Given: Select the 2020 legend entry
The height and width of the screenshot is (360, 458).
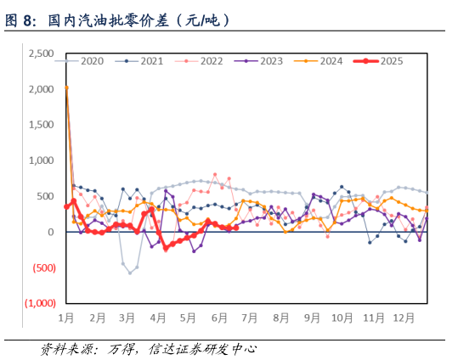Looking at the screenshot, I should coord(92,61).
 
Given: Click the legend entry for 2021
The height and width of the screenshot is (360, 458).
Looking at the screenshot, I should coord(151,61).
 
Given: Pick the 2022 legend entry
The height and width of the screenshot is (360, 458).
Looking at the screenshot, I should coord(211,61).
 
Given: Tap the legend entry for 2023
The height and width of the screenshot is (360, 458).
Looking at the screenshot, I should coord(270,61).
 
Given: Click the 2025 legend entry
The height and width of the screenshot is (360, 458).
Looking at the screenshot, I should coord(391,61).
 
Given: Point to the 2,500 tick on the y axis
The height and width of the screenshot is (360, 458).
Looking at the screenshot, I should coord(41,53).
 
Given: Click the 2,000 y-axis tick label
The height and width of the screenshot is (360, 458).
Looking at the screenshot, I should coord(41,89).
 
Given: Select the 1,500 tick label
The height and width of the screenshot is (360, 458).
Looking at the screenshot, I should coord(41,125).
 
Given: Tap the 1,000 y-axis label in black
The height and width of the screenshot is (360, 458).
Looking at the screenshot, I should coord(41,160).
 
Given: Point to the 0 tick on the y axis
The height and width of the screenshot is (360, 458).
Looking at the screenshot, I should coord(52,232).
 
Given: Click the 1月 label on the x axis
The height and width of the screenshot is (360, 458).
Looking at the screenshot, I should coord(67,318).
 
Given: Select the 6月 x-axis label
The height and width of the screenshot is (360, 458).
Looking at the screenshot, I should coord(218,318).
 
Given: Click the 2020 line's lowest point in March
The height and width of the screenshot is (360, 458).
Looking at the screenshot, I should coord(130,273).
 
